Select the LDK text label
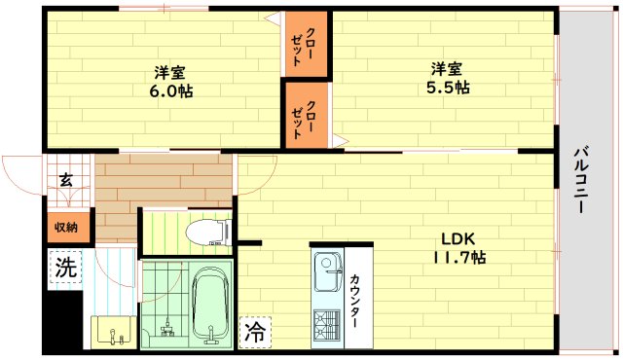[x=458, y=239]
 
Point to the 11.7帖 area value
[x=458, y=258]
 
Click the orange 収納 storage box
[x=65, y=227]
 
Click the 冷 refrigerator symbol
[x=253, y=332]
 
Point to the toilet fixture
[x=207, y=232]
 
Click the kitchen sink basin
[x=325, y=267]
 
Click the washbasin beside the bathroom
[x=116, y=332]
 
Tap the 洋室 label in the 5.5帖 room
[x=448, y=69]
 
